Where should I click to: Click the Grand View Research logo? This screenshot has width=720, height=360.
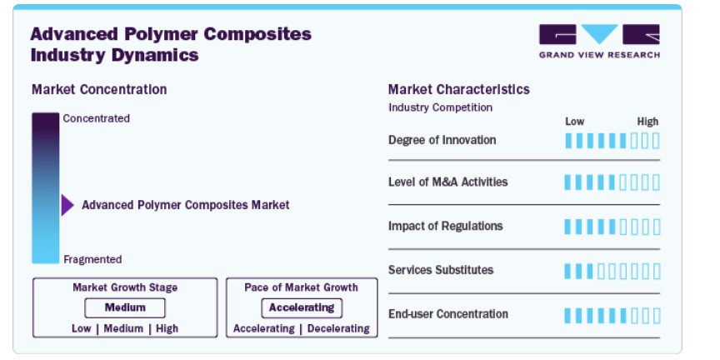tap(599, 42)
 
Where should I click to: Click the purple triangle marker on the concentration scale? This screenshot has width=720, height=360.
tap(67, 205)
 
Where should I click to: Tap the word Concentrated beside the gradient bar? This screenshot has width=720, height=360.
tap(97, 118)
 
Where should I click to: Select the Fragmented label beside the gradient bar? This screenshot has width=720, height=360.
tap(92, 259)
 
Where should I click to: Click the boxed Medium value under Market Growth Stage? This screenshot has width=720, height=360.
tap(125, 307)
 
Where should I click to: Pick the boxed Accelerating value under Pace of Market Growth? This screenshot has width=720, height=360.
tap(302, 307)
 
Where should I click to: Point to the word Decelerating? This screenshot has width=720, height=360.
tap(338, 329)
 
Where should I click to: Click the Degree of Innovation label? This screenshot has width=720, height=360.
tap(442, 140)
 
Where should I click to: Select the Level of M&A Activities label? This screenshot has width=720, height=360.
tap(448, 182)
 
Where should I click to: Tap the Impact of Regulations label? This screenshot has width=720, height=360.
tap(445, 226)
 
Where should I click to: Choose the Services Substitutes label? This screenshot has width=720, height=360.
tap(441, 269)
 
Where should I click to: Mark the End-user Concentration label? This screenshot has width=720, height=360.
tap(448, 314)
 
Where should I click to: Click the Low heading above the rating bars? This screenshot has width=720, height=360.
tap(574, 122)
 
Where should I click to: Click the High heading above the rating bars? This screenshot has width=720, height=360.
tap(647, 122)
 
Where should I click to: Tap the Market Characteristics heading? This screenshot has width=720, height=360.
tap(458, 89)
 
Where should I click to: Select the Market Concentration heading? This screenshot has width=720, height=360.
tap(99, 89)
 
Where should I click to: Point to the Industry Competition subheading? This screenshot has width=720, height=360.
tap(440, 107)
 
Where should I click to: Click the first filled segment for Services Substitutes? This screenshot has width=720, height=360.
tap(568, 272)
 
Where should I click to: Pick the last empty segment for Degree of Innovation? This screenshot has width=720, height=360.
tap(656, 141)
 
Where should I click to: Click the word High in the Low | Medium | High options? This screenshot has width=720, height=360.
tap(167, 329)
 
